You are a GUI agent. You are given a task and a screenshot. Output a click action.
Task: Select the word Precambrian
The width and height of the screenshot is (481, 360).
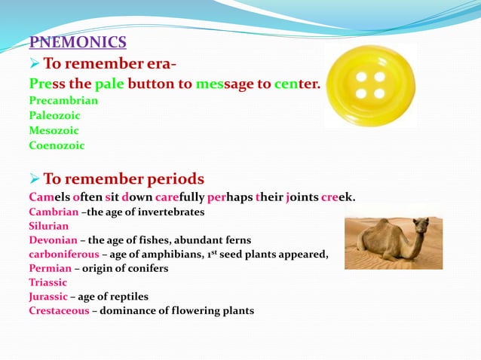[63, 99]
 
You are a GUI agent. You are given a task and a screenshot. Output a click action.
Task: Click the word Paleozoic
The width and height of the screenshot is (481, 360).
[54, 115]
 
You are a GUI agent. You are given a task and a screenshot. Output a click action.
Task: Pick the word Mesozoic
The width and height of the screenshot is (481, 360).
[54, 130]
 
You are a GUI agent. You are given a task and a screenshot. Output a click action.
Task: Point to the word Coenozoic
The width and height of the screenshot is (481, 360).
[57, 145]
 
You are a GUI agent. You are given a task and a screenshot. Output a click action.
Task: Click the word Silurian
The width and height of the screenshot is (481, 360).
[48, 225]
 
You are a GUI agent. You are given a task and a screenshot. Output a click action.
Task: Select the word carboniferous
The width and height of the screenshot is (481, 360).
[63, 254]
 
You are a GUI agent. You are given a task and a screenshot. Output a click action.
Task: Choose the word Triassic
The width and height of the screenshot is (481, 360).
[47, 282]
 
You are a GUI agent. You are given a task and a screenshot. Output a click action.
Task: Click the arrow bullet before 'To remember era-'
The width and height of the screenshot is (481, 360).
[34, 63]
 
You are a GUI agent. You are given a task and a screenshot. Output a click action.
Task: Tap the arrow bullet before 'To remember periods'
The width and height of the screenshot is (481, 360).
[34, 179]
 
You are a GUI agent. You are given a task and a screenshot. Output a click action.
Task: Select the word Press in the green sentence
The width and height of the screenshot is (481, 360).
[47, 84]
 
